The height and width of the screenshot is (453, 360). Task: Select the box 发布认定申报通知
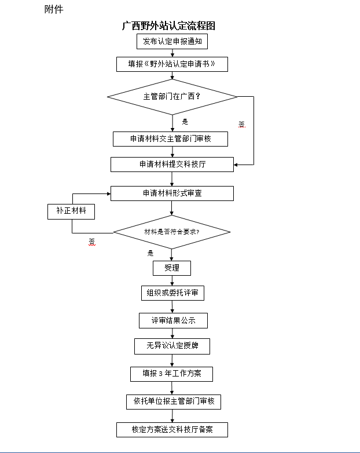172,42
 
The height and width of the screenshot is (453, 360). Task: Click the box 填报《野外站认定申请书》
172,64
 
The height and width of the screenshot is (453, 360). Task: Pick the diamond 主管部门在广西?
172,97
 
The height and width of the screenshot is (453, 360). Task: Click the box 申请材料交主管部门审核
170,139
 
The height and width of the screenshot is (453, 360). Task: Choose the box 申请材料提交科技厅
172,165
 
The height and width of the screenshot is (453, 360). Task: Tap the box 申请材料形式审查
172,193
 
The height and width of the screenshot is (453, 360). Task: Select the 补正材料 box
71,211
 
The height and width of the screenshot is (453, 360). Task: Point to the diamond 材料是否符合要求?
172,232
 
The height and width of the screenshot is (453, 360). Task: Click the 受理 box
172,268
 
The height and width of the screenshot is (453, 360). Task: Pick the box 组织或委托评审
172,293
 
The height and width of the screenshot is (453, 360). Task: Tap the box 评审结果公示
172,320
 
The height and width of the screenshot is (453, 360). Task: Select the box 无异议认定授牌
172,346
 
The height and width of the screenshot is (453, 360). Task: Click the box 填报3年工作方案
171,374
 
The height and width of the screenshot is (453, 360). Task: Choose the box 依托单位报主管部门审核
174,401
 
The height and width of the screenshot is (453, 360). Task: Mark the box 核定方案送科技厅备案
172,430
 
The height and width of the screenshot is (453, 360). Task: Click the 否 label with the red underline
91,241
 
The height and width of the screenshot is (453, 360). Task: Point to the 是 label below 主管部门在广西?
185,122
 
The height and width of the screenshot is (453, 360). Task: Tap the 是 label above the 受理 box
150,253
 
